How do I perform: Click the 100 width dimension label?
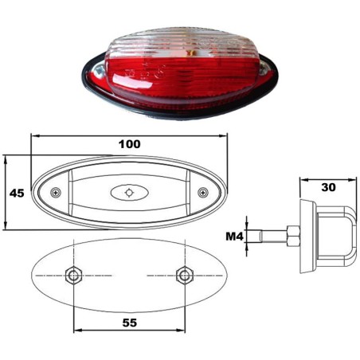(130, 144)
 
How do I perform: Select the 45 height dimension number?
(17, 194)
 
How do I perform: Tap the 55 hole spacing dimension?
(130, 323)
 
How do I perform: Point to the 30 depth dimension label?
(328, 187)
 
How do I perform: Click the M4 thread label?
(234, 236)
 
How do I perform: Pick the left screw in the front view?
(56, 192)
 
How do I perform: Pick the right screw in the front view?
(203, 192)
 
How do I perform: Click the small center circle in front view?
(129, 193)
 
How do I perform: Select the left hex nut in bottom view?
(73, 276)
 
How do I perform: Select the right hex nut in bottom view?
(185, 276)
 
